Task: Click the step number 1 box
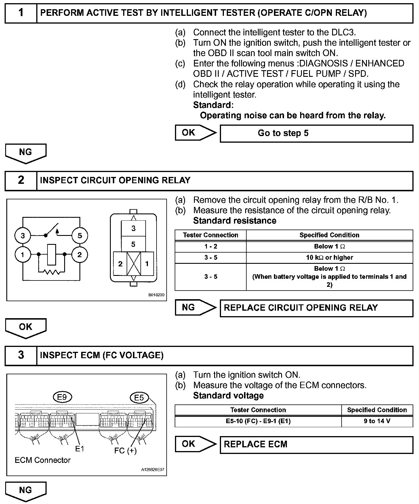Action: point(21,13)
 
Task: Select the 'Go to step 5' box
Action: point(316,133)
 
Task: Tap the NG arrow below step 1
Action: point(26,153)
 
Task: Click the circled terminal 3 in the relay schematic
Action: point(23,236)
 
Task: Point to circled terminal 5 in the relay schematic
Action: point(80,236)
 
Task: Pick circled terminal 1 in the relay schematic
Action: point(23,255)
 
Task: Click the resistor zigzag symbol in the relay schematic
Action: point(52,271)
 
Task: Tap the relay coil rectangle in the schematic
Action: point(52,254)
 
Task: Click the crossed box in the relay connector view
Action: point(134,263)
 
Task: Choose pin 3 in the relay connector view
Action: point(133,228)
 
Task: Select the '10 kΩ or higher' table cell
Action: point(330,257)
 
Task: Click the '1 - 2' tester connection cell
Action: point(211,247)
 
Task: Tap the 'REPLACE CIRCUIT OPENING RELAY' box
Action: point(316,308)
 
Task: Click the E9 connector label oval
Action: point(62,397)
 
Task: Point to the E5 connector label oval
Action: point(139,398)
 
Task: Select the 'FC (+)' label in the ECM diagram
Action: point(125,450)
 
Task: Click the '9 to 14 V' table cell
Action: point(377,421)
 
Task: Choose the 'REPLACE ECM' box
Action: point(316,444)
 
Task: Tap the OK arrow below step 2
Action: point(26,327)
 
